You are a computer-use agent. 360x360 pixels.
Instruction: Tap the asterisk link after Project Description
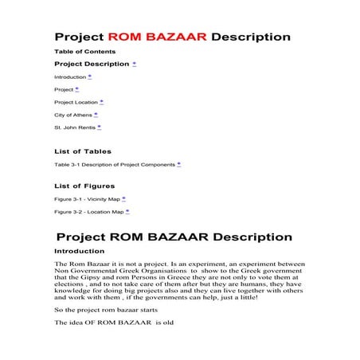134,63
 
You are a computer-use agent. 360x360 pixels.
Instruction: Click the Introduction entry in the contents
70,77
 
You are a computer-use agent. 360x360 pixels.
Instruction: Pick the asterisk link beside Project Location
101,102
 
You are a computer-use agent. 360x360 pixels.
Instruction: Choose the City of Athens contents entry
72,115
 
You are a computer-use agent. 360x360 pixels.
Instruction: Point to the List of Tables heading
83,151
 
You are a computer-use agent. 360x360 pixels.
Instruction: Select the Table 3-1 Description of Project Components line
115,164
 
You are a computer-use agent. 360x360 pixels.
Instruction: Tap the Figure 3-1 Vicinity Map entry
87,199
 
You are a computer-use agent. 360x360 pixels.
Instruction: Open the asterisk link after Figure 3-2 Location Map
127,212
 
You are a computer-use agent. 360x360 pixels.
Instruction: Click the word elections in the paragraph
69,284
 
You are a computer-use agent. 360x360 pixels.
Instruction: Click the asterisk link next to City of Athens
96,115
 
